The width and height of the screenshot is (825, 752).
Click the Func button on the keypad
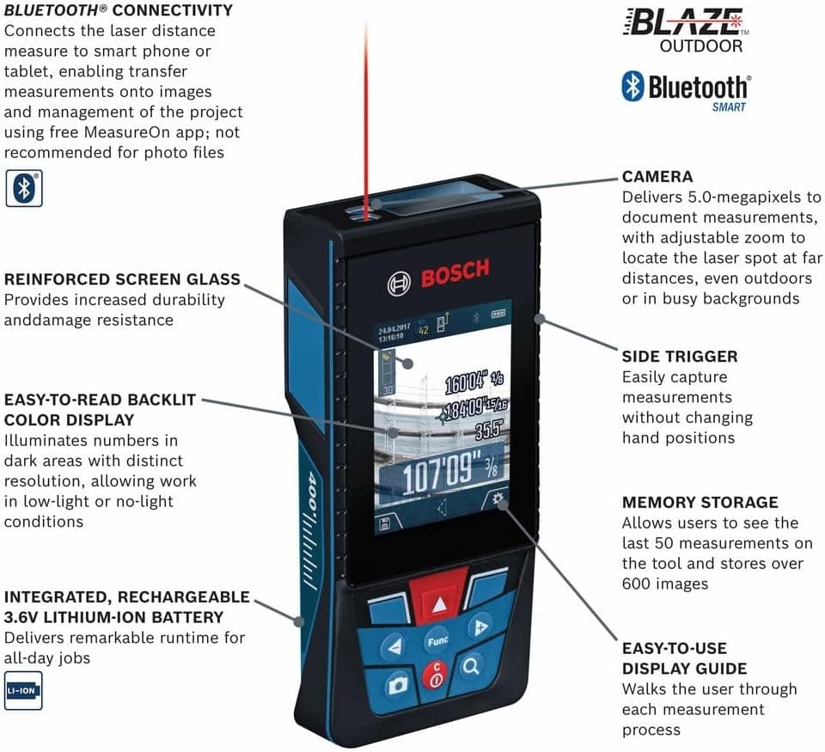point(436,641)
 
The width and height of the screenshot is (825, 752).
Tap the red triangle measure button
point(439,603)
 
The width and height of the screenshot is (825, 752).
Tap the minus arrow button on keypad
point(395,647)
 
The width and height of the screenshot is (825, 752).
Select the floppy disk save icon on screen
point(383,523)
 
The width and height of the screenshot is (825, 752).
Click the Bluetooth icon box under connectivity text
point(23,187)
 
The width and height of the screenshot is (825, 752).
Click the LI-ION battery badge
point(22,691)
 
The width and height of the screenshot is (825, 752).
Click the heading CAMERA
point(657,177)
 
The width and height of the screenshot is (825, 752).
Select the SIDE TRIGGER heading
point(680,356)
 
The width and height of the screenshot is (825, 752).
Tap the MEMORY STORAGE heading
point(700,502)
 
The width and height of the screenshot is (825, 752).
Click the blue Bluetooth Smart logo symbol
point(632,87)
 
